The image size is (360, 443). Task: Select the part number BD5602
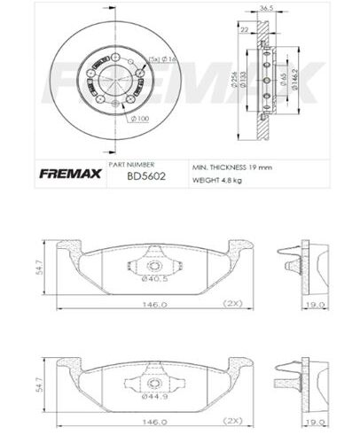(129, 175)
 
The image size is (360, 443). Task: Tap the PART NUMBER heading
(131, 165)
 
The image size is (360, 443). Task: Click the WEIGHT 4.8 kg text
(217, 181)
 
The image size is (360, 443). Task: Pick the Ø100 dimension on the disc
(139, 118)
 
